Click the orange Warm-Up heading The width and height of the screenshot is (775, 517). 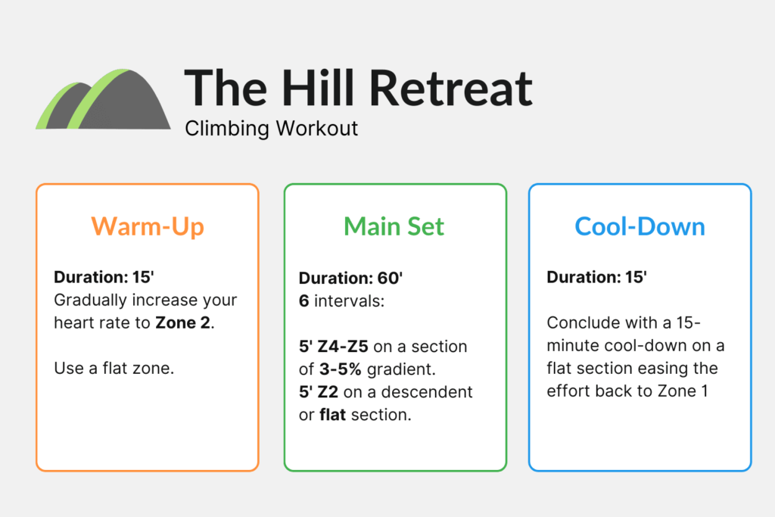click(x=147, y=226)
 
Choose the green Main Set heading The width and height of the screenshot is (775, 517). click(x=394, y=226)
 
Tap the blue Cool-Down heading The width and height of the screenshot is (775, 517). click(x=640, y=226)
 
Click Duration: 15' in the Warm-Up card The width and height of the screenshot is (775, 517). click(x=104, y=277)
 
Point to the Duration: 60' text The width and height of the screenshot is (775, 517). click(x=350, y=278)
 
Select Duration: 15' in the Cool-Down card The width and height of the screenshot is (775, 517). click(x=596, y=278)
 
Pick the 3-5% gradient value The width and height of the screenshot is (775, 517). click(x=339, y=369)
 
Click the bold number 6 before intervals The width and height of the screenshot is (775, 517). click(x=303, y=301)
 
